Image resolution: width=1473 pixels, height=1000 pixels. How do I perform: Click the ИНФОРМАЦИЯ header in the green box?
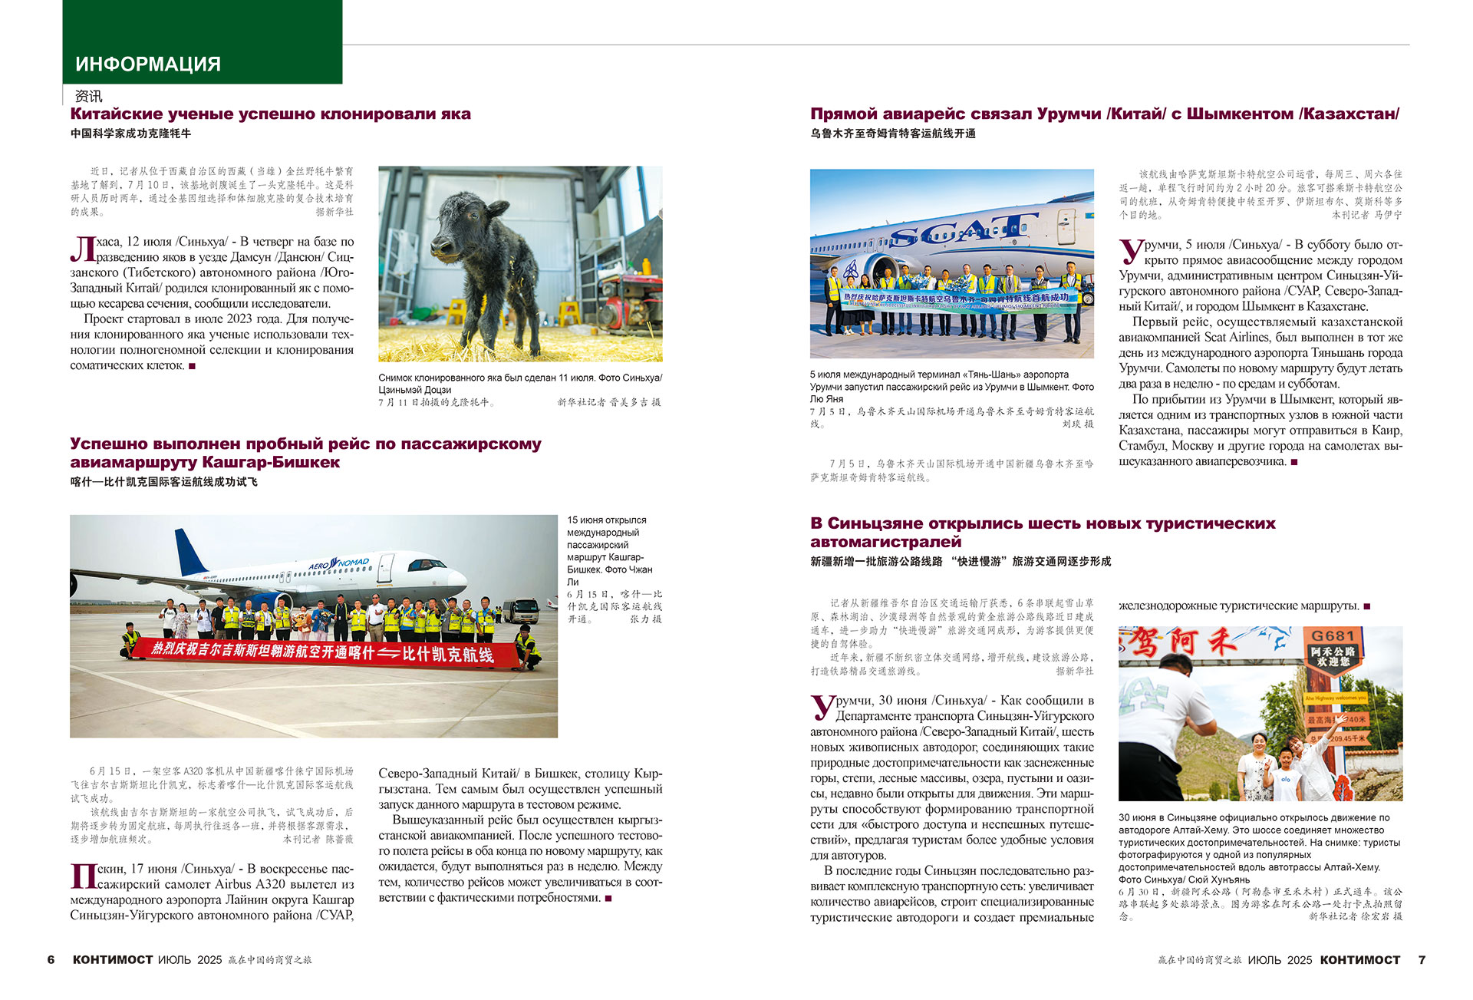pos(148,64)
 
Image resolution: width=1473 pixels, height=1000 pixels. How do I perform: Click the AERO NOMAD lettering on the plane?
pos(338,565)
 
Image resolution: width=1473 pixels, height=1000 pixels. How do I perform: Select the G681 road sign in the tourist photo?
pos(1333,636)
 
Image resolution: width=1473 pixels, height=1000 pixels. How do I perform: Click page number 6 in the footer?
pos(51,959)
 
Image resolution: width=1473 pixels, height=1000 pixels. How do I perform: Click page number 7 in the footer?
pos(1422,959)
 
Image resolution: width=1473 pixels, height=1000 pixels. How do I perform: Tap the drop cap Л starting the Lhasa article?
pos(82,249)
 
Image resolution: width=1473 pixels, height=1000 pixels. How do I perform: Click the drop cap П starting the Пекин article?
pos(82,876)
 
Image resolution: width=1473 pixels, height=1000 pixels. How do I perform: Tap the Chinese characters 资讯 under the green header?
pos(88,97)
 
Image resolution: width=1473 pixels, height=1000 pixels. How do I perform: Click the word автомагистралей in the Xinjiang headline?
pos(885,542)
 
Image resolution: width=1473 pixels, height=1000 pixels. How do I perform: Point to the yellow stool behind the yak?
pos(569,312)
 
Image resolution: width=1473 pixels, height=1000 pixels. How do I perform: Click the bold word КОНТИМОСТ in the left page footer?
pos(113,959)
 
